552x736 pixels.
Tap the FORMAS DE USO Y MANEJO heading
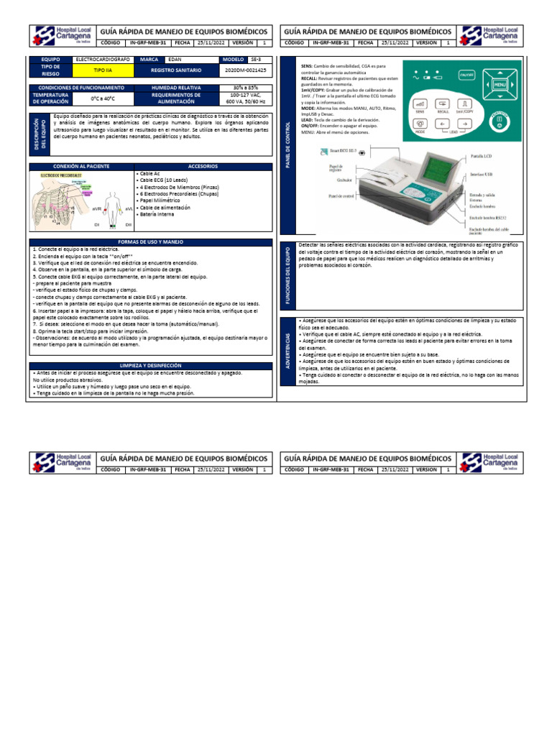pyautogui.click(x=150, y=242)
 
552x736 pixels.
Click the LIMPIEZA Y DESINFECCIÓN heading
pyautogui.click(x=150, y=366)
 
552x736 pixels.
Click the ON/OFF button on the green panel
pyautogui.click(x=466, y=74)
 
